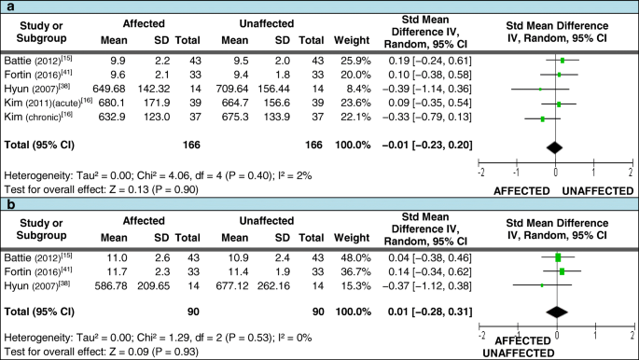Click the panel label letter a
click(7, 7)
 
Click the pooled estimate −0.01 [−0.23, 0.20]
click(424, 145)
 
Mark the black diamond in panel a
click(555, 145)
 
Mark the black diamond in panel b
click(557, 311)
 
